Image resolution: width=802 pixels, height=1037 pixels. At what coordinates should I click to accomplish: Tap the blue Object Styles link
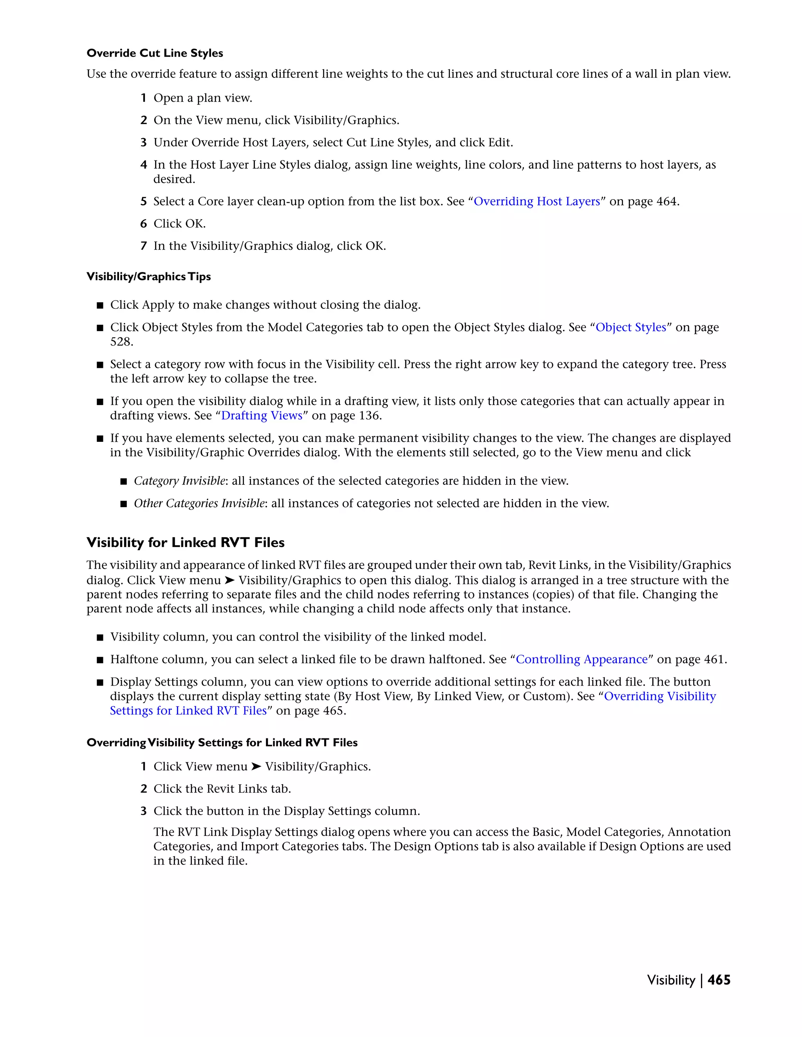630,327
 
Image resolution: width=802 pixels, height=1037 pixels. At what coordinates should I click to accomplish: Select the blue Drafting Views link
262,416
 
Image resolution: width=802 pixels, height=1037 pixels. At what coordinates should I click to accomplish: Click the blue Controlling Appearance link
582,659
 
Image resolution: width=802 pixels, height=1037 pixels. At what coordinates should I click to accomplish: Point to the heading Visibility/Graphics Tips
148,276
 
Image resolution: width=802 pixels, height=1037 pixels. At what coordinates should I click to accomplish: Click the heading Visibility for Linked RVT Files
185,542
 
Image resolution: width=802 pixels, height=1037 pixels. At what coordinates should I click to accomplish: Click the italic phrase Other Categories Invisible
199,503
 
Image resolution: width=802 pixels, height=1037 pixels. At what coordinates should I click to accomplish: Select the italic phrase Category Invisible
179,481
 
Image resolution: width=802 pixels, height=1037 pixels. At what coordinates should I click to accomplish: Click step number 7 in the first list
143,246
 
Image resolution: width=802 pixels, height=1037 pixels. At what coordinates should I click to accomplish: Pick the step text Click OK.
180,223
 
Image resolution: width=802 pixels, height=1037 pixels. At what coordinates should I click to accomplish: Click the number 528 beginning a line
122,342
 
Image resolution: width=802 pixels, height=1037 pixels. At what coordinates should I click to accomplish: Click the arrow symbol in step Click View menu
256,766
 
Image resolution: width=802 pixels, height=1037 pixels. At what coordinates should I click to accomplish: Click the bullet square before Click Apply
100,305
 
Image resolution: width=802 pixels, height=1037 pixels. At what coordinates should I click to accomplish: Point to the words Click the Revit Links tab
222,789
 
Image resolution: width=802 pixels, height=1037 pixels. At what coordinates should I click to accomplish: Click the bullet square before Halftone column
100,660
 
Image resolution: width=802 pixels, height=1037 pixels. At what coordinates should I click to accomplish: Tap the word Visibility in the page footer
670,980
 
